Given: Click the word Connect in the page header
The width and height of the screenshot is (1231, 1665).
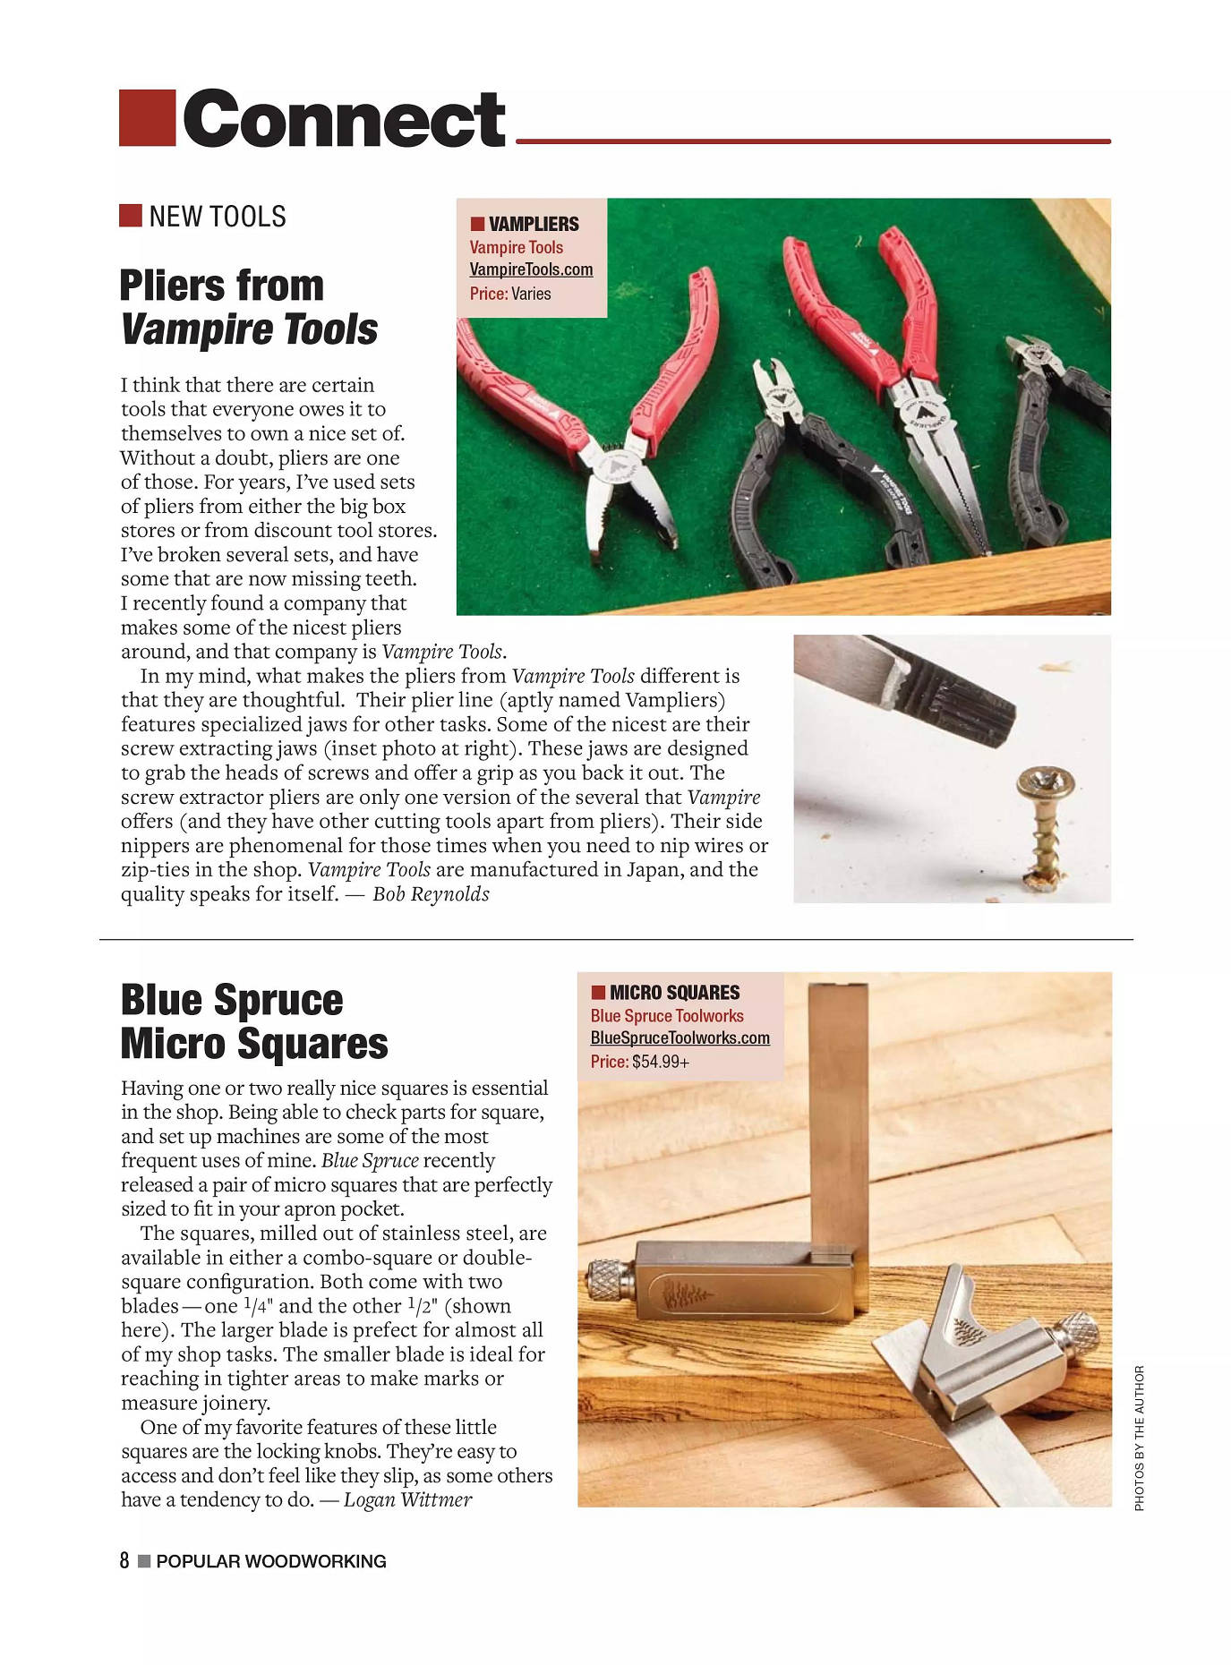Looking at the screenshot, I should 344,119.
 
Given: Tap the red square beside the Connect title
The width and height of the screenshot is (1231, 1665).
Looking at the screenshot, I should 147,118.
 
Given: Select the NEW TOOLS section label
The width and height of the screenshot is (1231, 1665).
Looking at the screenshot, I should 217,217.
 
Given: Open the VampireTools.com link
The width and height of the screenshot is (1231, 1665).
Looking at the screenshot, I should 531,269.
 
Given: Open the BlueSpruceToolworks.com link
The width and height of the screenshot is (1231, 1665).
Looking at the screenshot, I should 680,1037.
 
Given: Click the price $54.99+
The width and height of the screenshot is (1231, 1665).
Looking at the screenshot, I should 661,1062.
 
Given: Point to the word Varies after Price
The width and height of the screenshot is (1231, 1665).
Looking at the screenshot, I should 531,294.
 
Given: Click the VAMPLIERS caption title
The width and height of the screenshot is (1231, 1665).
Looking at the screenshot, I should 534,224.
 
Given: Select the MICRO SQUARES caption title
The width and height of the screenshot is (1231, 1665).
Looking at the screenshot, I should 674,993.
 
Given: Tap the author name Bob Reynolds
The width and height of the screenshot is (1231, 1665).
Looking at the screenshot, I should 431,894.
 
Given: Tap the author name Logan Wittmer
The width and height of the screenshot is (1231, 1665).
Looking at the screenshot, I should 407,1500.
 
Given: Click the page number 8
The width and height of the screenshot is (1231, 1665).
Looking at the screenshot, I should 124,1561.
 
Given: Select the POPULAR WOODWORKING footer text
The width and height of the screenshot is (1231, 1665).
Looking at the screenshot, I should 270,1562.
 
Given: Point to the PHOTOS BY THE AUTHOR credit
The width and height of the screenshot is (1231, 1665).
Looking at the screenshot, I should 1139,1438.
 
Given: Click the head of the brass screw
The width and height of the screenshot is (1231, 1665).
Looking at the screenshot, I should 1046,784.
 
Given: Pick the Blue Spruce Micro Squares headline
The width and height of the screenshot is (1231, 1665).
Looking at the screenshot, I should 253,1021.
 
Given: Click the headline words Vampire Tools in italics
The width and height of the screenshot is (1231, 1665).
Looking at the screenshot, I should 249,329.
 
